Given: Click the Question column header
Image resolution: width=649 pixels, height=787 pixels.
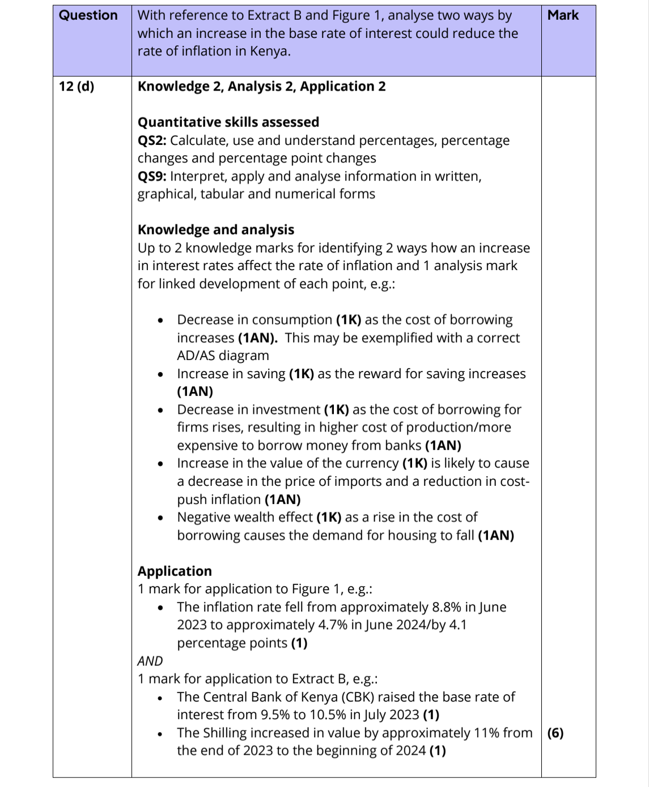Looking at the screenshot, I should pyautogui.click(x=88, y=15).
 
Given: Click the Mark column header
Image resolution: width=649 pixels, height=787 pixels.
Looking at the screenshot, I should pyautogui.click(x=563, y=15).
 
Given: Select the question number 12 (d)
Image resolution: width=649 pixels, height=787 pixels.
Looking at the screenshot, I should pyautogui.click(x=77, y=87).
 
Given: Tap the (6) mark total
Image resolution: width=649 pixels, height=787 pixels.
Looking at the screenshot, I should pyautogui.click(x=555, y=733).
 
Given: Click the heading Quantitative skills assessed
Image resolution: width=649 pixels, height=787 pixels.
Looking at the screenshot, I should pyautogui.click(x=228, y=122).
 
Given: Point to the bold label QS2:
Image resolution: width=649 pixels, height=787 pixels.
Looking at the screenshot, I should pyautogui.click(x=152, y=140).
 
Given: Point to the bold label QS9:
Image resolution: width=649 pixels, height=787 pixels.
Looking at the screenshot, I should pyautogui.click(x=152, y=176).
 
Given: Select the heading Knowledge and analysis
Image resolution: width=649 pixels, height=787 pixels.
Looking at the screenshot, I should pyautogui.click(x=215, y=230).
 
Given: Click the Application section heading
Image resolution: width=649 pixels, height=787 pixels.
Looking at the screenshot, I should pyautogui.click(x=175, y=571).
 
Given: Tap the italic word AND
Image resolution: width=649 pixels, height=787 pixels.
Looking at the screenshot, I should pyautogui.click(x=150, y=661).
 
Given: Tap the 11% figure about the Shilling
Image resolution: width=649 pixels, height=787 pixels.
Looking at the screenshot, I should pyautogui.click(x=486, y=733).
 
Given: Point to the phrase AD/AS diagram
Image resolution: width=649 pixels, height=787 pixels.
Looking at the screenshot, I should pyautogui.click(x=223, y=356).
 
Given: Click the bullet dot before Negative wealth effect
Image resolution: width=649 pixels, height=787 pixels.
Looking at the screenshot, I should pyautogui.click(x=161, y=517).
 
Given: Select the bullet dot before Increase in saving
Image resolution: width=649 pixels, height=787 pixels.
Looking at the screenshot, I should pyautogui.click(x=161, y=374).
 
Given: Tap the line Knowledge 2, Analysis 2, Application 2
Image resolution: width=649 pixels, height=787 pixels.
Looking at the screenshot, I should pyautogui.click(x=261, y=87).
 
